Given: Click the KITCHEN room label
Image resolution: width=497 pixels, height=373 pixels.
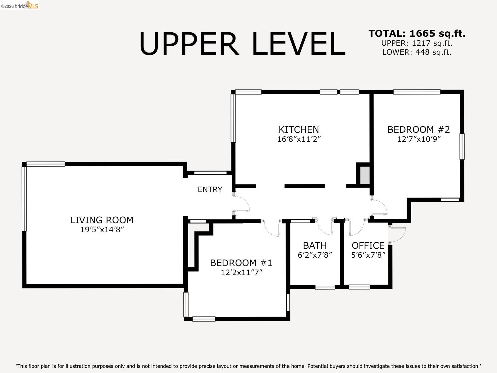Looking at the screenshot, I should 299,129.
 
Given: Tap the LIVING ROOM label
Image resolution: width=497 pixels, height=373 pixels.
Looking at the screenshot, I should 102,220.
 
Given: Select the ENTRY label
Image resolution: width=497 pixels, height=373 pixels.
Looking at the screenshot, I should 210,189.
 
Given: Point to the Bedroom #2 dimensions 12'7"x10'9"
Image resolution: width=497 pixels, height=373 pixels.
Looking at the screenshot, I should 419,139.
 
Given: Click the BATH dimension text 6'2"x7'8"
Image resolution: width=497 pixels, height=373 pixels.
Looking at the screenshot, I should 315,255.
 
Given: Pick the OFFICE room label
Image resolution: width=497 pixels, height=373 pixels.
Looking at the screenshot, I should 368,246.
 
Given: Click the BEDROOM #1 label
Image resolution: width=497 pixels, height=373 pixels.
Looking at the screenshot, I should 241,263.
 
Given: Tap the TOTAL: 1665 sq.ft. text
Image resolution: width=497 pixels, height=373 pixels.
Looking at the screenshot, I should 417,34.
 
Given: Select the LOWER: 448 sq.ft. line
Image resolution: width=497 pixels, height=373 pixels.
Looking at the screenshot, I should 417,52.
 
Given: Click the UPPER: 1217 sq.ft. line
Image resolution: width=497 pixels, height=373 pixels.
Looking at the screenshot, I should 417,43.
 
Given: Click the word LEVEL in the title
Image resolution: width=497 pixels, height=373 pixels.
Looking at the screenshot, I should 298,44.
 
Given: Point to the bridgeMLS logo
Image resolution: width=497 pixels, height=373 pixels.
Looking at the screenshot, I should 20,5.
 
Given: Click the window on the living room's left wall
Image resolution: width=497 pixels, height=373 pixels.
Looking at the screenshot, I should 24,199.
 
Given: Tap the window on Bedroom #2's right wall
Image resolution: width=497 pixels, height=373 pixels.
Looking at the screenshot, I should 462,146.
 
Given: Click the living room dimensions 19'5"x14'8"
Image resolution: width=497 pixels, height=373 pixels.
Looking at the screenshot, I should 102,230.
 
